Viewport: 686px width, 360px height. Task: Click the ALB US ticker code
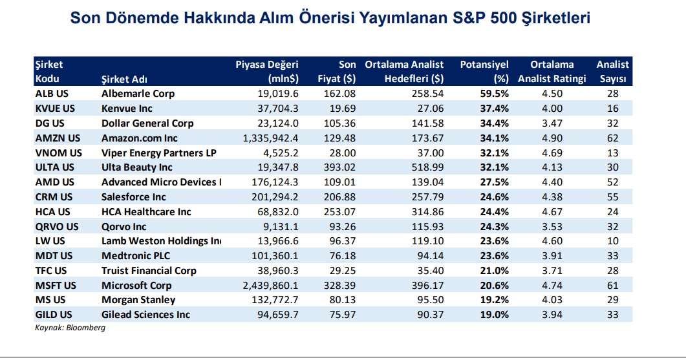50,94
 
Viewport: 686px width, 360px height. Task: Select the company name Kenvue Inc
127,109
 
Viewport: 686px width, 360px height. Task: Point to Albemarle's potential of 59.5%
494,94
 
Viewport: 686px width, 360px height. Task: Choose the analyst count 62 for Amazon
613,138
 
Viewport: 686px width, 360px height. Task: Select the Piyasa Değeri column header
267,65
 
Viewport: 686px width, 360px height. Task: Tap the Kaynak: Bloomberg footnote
70,328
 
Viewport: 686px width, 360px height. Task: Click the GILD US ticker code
54,315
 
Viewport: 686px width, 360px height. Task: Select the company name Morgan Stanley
138,300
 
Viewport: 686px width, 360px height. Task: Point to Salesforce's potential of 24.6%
494,197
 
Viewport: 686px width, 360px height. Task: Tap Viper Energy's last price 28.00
343,153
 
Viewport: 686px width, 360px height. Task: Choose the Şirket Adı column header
125,79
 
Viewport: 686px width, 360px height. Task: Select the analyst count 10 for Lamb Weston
613,241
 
